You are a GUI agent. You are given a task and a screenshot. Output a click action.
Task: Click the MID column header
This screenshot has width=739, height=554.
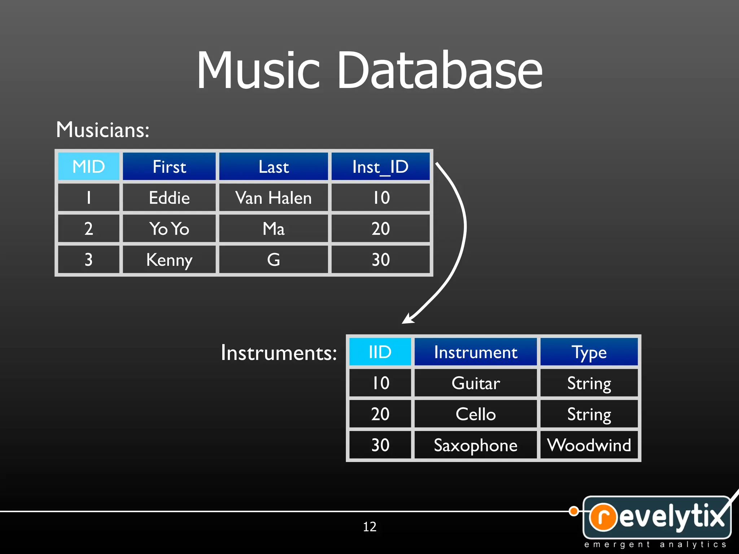pos(88,166)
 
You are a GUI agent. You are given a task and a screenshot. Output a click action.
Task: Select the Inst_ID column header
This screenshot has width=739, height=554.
pos(380,166)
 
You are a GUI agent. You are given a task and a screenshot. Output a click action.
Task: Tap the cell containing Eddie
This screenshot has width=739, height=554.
pos(169,198)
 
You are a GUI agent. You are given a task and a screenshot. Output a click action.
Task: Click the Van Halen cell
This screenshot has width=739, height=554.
pos(273,198)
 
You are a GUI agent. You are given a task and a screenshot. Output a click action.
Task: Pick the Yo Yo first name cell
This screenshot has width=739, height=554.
pos(169,229)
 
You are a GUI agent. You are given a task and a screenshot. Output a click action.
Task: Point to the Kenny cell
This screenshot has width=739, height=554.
pos(169,260)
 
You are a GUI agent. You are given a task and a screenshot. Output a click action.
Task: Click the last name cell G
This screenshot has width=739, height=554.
pos(273,260)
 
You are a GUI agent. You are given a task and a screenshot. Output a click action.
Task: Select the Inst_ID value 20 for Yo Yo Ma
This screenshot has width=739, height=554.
pos(380,229)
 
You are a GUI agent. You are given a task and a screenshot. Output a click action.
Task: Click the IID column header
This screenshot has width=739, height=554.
pos(380,352)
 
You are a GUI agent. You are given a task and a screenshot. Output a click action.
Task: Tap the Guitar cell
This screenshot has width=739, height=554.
pos(476,383)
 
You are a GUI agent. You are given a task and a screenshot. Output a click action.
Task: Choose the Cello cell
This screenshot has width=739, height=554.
pos(476,414)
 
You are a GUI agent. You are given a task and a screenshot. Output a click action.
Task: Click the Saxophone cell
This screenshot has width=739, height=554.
pos(476,445)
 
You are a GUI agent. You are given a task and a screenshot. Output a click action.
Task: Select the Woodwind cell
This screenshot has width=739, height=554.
pos(589,445)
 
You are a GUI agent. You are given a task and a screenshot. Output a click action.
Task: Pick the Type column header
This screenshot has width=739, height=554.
pos(589,352)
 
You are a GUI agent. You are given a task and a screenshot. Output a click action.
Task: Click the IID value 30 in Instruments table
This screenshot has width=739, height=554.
pos(380,445)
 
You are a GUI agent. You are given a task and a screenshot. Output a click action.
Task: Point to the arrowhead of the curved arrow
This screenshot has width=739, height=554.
pos(408,319)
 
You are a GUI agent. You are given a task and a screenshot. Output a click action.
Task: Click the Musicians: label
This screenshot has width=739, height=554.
pos(102,129)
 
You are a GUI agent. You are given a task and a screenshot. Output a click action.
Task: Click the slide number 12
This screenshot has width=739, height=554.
pos(369,527)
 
